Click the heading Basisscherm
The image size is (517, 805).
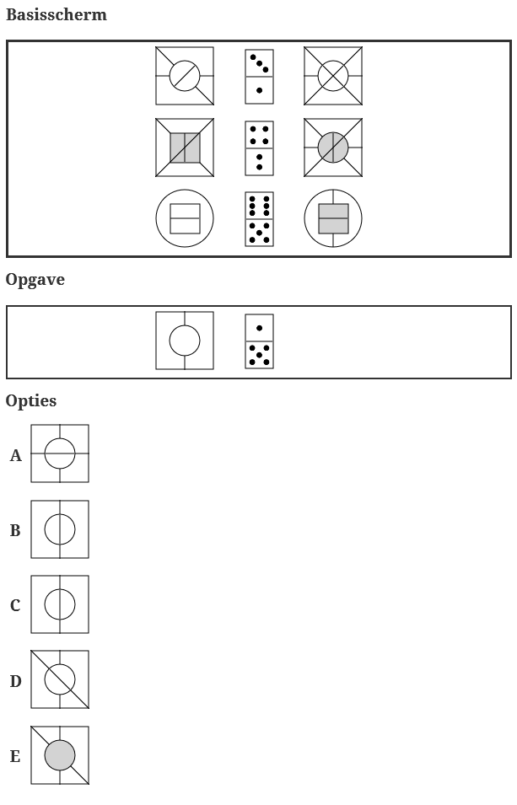57,15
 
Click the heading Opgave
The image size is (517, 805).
35,280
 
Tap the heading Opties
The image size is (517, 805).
31,401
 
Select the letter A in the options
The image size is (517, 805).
16,456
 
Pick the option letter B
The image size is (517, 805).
15,531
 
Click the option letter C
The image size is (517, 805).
15,606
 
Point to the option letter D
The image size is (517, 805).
15,681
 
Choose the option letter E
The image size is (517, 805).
15,757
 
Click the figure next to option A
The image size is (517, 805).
60,453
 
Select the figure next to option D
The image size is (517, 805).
60,679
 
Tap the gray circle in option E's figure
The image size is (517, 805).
60,755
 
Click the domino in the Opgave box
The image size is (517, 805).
259,341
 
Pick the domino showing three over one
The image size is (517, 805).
259,76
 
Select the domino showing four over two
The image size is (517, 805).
259,148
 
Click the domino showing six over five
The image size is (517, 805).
259,219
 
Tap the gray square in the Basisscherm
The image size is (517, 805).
185,148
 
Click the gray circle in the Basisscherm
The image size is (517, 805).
333,148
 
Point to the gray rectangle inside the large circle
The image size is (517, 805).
333,219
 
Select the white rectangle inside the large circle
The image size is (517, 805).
185,219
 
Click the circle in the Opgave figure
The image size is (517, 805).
185,341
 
